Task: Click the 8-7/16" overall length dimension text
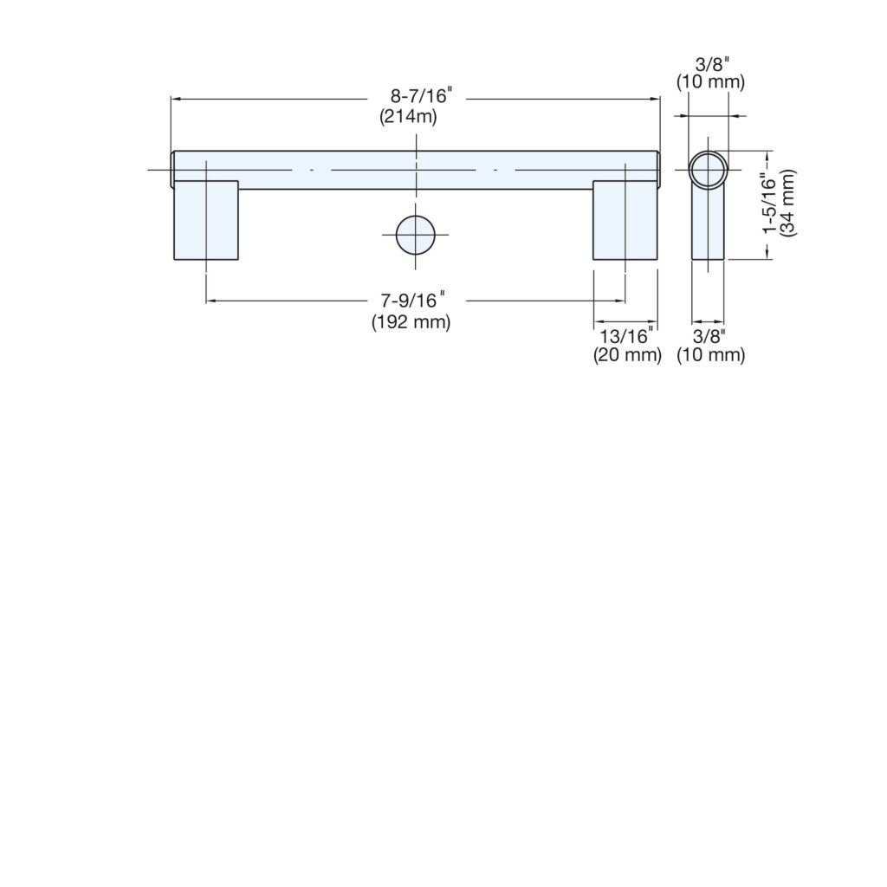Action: click(x=422, y=95)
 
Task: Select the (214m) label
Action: click(x=408, y=117)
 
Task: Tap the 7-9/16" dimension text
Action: click(x=412, y=300)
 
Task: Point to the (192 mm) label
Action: click(x=411, y=322)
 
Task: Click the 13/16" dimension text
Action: click(x=626, y=336)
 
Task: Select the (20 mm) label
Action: click(x=627, y=354)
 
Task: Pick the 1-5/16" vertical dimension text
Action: click(x=771, y=204)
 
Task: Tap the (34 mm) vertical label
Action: click(x=788, y=204)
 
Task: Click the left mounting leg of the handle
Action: click(x=206, y=220)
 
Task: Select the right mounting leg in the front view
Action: click(x=625, y=220)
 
